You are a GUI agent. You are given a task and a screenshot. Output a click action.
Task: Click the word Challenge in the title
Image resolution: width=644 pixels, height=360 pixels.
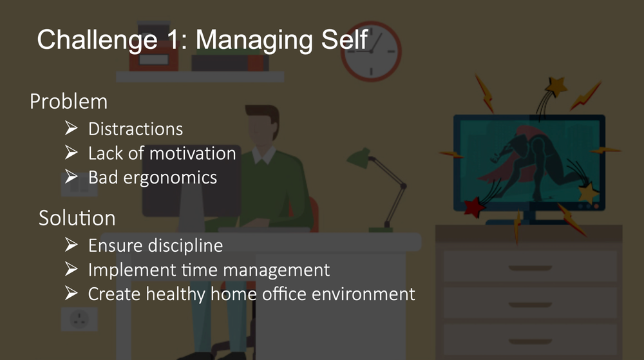pos(97,41)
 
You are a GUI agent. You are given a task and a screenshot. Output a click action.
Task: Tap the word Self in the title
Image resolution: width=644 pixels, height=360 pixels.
pos(344,39)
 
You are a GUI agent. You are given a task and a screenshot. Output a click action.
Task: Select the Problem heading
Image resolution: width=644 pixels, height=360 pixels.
pos(69,101)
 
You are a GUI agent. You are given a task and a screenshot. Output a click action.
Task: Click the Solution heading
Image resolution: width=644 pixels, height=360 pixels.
pos(77,218)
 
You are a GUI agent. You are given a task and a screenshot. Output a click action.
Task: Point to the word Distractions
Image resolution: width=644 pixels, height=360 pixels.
pos(135,129)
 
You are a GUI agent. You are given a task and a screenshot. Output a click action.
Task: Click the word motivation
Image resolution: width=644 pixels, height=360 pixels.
pos(193,153)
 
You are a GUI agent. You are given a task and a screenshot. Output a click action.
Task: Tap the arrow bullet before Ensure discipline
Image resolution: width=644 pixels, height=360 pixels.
pos(71,245)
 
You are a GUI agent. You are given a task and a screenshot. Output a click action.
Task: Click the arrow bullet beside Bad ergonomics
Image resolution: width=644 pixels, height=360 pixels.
pos(71,176)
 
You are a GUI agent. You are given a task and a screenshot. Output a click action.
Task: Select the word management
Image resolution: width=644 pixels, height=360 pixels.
pos(276,270)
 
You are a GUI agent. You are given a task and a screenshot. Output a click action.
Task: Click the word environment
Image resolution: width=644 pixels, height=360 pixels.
pos(363,294)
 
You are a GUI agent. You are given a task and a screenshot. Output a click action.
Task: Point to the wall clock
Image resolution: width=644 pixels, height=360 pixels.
pos(372,52)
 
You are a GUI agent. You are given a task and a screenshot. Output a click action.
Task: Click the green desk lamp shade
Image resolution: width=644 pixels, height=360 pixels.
pos(359,158)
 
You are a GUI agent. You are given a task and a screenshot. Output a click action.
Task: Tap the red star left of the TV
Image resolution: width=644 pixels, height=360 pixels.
pos(474,207)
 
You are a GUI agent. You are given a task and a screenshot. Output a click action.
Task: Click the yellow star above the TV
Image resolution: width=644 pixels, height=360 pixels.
pos(556,86)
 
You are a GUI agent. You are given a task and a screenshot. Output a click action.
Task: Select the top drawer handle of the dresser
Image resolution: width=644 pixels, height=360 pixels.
pos(530,269)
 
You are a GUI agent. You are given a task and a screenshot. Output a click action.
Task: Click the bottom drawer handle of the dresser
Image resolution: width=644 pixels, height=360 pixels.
pos(530,341)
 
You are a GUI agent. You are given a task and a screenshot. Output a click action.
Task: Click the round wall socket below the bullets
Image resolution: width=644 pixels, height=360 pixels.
pos(79,319)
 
